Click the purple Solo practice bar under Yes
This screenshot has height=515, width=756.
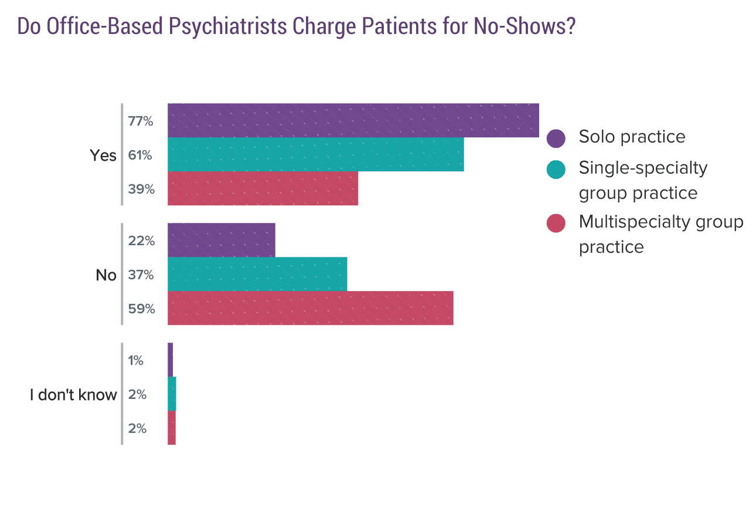point(353,121)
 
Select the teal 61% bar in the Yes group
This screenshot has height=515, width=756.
point(315,155)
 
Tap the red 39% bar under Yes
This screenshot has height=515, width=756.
point(263,189)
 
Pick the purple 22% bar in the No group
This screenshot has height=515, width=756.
point(221,240)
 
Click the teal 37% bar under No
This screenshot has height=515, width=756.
point(257,275)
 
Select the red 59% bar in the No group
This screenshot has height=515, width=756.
point(310,309)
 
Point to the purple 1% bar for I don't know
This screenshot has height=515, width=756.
point(170,360)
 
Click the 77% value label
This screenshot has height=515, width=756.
point(141,121)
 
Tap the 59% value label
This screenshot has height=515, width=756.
point(141,309)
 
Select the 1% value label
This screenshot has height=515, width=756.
point(136,361)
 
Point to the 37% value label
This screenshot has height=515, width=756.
point(141,275)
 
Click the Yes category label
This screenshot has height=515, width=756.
point(103,155)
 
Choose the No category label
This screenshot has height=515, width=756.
point(106,275)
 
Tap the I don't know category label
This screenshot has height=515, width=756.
point(73,395)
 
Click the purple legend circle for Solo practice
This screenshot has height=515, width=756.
point(556,138)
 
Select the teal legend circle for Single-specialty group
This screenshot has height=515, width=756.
point(556,170)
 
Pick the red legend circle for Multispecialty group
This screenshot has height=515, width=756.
point(556,223)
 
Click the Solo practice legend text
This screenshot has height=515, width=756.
point(632,137)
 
